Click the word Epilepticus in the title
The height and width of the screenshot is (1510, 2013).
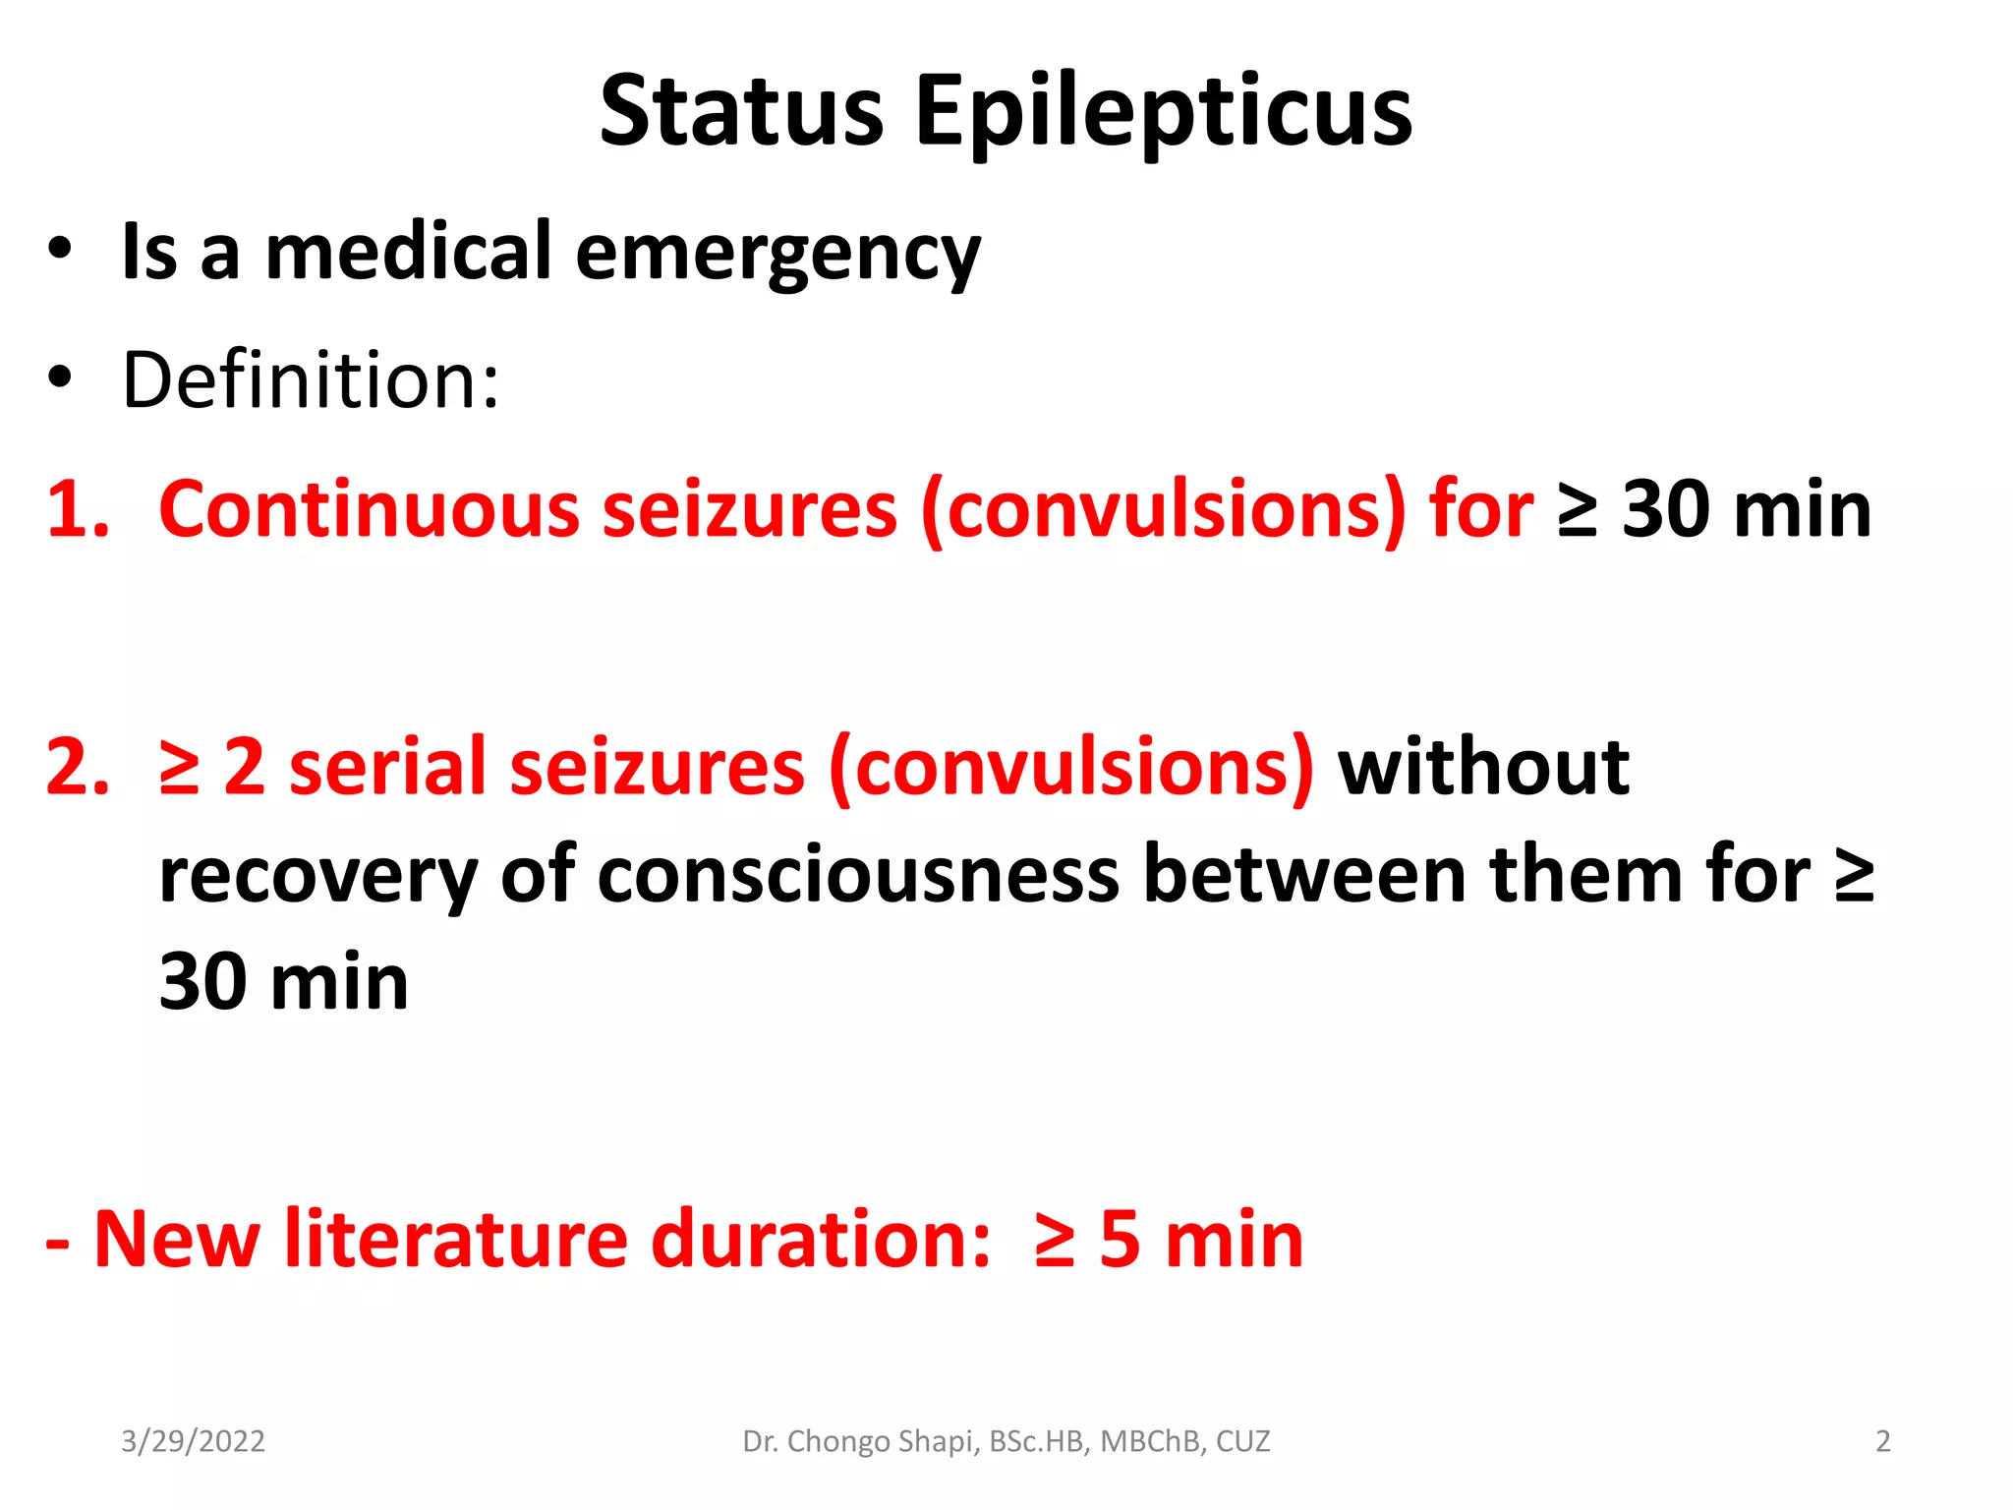tap(1164, 114)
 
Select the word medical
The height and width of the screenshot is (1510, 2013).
tap(409, 251)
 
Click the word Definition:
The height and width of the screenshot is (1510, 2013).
tap(311, 379)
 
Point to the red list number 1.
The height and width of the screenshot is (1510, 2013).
tap(77, 509)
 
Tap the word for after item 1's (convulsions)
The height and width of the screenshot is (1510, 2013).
tap(1481, 509)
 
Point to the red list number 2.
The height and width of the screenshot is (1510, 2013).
tap(77, 767)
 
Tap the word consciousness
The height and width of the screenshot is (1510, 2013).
tap(858, 875)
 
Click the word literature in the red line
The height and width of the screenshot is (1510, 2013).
tap(456, 1239)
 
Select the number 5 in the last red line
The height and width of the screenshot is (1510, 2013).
tap(1120, 1239)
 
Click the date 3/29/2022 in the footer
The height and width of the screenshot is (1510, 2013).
tap(193, 1441)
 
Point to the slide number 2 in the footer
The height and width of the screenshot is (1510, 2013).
tap(1882, 1441)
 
